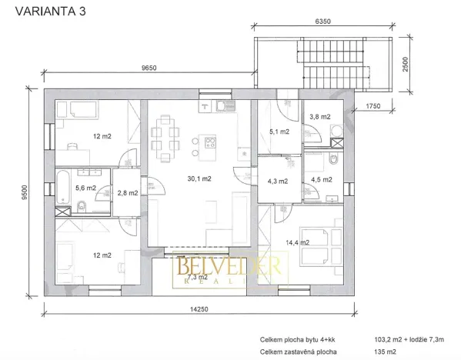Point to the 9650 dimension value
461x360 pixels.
point(149,68)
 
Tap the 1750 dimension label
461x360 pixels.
point(373,105)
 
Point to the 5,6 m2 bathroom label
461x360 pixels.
point(85,188)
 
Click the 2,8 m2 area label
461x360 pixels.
point(126,192)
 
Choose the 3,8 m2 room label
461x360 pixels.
point(319,116)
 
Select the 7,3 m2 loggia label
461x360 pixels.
point(198,275)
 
